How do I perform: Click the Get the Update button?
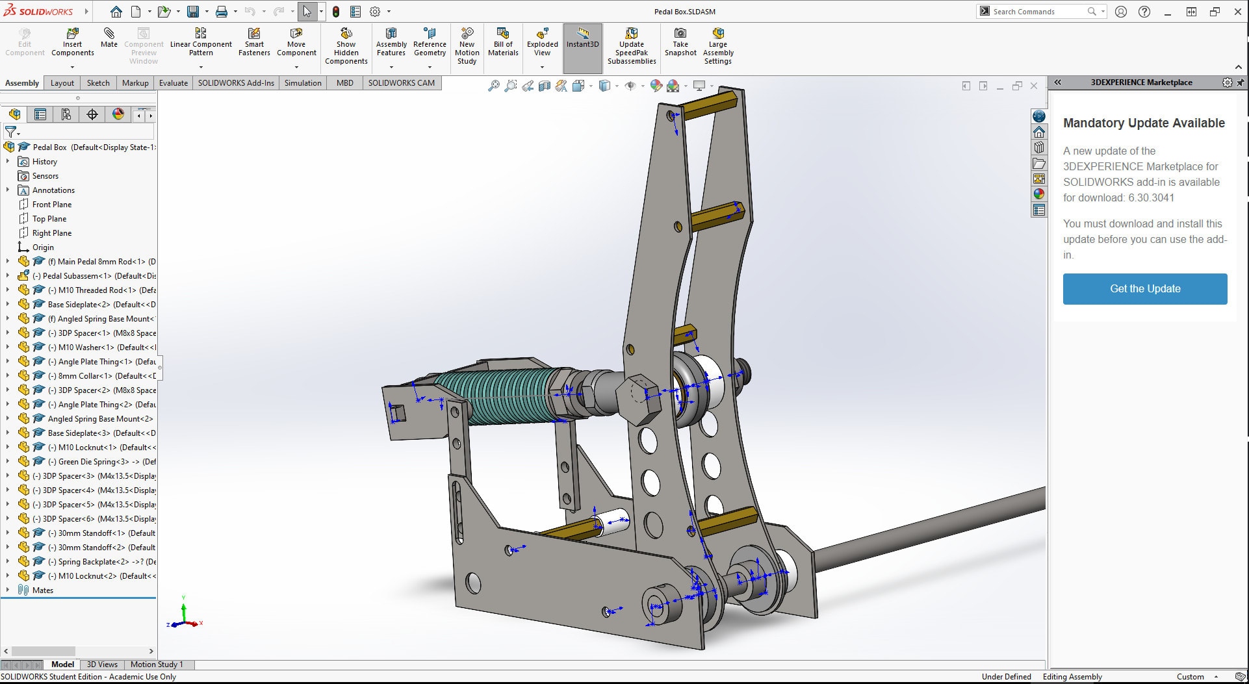[1144, 289]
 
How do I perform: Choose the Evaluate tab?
[173, 83]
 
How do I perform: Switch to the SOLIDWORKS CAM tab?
[401, 83]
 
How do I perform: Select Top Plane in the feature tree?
[49, 219]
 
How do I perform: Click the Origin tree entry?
[43, 247]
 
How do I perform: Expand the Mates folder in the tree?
[8, 590]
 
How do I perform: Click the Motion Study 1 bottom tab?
[157, 665]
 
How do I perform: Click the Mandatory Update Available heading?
[1144, 123]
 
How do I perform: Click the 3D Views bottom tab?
[102, 665]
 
